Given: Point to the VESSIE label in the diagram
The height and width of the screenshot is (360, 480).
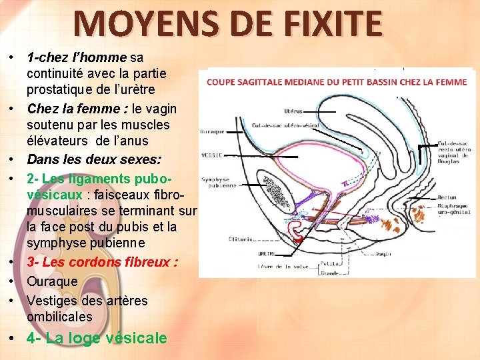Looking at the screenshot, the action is pos(211,155).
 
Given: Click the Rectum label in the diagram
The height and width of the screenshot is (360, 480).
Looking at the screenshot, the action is pos(447,197).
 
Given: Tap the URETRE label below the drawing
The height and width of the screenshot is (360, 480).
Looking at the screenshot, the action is pos(267,253).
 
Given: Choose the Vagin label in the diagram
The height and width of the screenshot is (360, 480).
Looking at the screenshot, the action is pos(383,253).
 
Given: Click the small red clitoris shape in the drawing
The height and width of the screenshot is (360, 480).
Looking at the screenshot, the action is pos(298,237).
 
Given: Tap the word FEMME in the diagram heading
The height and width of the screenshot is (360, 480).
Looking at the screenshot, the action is pos(453,82).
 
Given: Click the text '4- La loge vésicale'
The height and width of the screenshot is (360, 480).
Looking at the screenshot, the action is pos(97,338).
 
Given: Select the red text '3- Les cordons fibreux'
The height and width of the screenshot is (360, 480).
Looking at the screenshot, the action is pos(101,262).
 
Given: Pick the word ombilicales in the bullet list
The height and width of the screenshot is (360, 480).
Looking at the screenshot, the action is pos(60,317).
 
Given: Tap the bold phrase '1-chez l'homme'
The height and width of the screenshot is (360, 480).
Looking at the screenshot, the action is pos(77,57).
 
